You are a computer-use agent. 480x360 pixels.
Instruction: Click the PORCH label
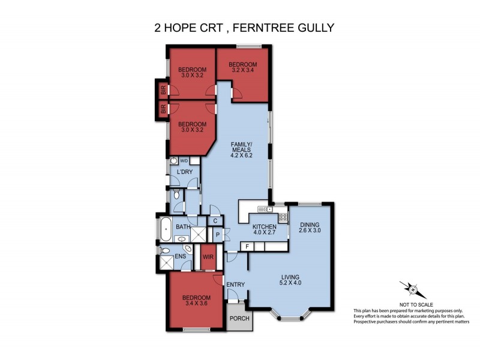click(x=240, y=318)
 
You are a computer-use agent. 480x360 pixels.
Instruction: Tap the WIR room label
click(x=209, y=257)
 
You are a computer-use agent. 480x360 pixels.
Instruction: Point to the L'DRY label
click(x=184, y=172)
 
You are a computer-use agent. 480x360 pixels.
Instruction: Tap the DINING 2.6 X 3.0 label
click(x=310, y=227)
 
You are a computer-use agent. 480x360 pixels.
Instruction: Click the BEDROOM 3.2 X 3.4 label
click(x=242, y=68)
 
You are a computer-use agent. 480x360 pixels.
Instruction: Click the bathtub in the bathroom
click(x=166, y=227)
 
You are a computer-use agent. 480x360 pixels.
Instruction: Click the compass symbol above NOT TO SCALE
click(x=413, y=290)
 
